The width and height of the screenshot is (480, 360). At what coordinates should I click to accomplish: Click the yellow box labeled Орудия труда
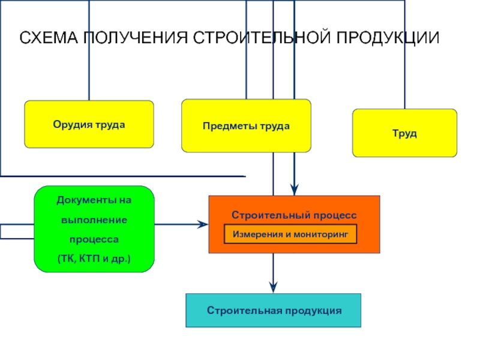click(89, 124)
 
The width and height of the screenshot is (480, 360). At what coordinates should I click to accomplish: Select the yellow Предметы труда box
click(246, 125)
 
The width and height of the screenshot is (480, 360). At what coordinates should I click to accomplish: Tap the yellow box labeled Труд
click(404, 133)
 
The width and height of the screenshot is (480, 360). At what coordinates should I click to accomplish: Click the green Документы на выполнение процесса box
click(94, 229)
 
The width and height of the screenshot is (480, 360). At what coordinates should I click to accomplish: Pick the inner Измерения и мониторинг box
click(290, 234)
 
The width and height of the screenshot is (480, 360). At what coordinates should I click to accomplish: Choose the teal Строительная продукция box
click(274, 310)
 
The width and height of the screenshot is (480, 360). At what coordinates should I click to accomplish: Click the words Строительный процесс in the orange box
click(294, 215)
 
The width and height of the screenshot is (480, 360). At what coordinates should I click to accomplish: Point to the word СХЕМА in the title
click(49, 38)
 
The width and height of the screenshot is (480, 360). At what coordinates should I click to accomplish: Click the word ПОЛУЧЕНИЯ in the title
click(136, 38)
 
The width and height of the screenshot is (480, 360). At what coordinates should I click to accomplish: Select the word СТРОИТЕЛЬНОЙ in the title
click(262, 38)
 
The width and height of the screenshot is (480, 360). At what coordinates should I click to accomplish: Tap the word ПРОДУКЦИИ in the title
click(388, 38)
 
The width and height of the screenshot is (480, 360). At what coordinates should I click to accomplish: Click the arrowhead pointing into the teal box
click(274, 287)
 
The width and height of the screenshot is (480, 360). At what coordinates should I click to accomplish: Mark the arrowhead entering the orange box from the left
click(202, 224)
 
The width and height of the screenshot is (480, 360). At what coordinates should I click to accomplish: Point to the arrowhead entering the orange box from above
click(294, 190)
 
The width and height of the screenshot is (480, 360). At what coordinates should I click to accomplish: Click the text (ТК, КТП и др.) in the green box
click(94, 259)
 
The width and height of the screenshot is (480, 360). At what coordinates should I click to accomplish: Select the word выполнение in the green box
click(94, 220)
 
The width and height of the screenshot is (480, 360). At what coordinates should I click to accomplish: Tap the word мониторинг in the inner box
click(321, 235)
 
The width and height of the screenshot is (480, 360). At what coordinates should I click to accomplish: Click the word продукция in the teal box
click(313, 311)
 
